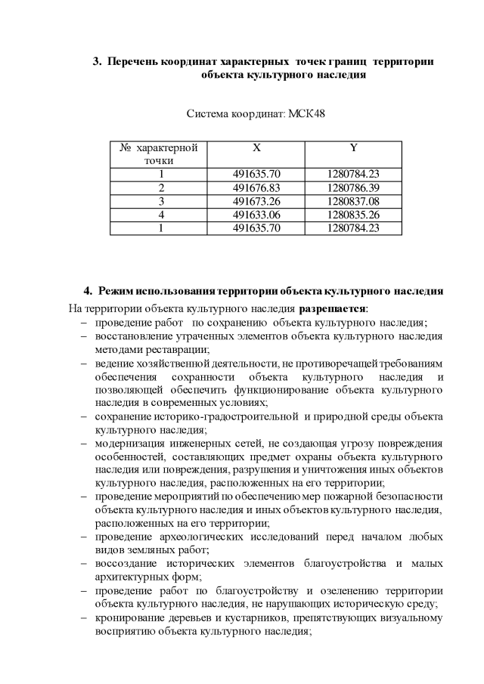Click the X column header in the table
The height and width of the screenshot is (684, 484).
256,148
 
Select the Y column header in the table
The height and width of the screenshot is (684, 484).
353,148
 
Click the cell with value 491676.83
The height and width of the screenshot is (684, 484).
256,187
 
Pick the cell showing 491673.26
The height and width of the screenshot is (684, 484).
256,201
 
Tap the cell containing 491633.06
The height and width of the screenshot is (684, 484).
256,215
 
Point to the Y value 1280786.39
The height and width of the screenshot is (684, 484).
353,187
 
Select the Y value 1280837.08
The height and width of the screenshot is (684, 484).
353,201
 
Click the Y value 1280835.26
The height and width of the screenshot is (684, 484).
353,215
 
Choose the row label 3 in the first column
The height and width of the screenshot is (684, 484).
160,201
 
